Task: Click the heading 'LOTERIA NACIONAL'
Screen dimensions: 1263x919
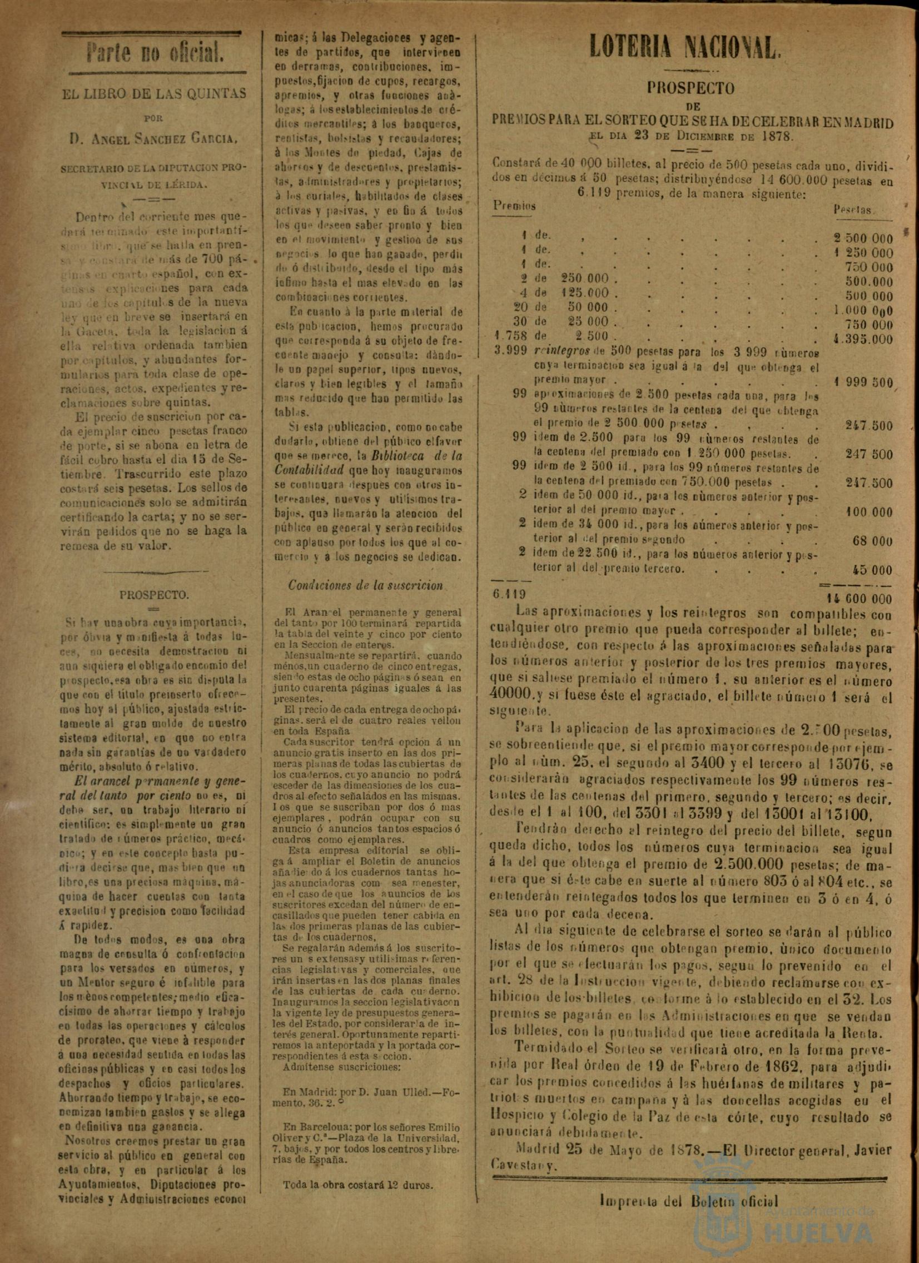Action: pos(684,48)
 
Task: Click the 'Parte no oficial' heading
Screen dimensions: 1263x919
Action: pos(155,54)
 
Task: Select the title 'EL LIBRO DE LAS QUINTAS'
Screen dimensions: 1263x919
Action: pos(154,93)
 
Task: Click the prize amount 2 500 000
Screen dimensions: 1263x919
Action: pos(863,239)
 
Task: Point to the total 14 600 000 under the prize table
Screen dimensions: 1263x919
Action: pos(857,599)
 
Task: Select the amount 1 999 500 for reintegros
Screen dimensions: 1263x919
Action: pos(863,383)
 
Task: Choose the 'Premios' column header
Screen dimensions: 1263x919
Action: pos(514,206)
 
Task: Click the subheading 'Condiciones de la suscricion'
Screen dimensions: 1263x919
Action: pos(365,585)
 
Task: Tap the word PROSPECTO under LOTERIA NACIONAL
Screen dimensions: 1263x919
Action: pos(690,88)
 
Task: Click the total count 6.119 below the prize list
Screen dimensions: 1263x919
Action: pos(508,594)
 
